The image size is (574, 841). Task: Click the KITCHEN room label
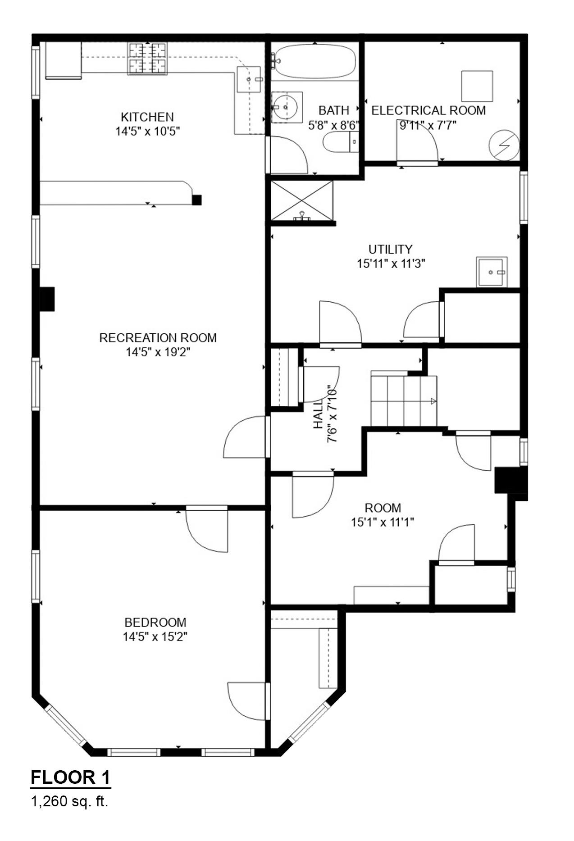pos(147,117)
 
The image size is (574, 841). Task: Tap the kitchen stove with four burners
pos(147,58)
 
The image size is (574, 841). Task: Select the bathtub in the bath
pos(315,61)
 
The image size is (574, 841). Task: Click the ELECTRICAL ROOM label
pos(428,110)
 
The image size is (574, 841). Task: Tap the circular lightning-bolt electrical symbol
pos(504,145)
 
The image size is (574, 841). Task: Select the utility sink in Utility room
pos(492,272)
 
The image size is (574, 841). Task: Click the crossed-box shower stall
pos(302,200)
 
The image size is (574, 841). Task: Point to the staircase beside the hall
pos(404,401)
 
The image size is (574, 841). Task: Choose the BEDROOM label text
pos(155,622)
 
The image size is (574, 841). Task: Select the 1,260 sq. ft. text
pos(69,801)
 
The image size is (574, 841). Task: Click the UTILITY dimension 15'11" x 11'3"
pos(391,264)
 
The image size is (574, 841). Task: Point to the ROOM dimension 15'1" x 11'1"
pos(383,522)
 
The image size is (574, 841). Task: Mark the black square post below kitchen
pos(196,200)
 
